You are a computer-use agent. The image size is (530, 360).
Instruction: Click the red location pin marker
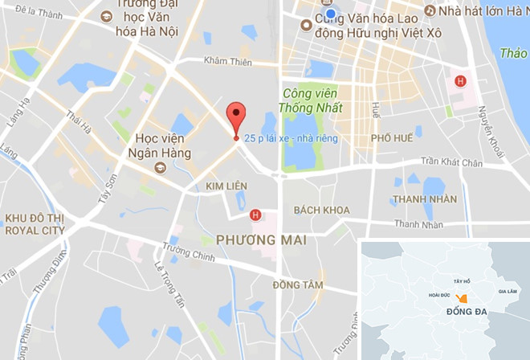click(234, 118)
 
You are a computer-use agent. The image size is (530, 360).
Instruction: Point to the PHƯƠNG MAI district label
click(253, 238)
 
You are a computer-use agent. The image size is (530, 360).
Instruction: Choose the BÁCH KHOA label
click(322, 210)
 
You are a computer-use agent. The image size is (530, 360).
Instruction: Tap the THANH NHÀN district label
click(426, 199)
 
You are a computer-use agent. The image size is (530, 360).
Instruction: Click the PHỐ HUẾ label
click(392, 138)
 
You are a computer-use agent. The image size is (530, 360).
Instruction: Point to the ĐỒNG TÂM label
click(297, 285)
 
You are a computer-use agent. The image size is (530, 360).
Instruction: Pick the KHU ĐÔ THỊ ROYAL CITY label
click(35, 223)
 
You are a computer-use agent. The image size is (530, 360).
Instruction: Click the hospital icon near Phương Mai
click(255, 215)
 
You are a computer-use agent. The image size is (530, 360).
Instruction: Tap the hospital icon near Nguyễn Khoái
click(460, 80)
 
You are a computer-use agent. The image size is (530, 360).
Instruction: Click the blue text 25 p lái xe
click(291, 138)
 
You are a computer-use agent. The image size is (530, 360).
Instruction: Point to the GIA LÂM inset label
click(509, 291)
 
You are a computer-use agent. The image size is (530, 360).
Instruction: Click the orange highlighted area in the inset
click(450, 298)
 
